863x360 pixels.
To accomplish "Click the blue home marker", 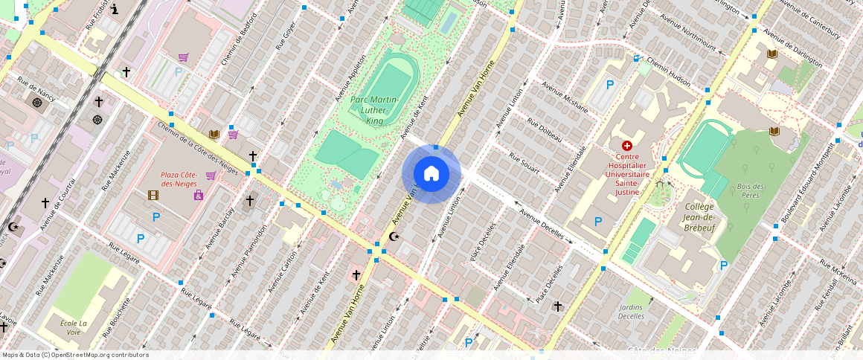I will click(431, 174).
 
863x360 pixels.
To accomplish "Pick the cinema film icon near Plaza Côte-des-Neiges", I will click(153, 196).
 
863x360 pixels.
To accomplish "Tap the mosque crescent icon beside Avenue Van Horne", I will click(394, 237).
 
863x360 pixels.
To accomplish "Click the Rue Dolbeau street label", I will click(544, 131).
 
